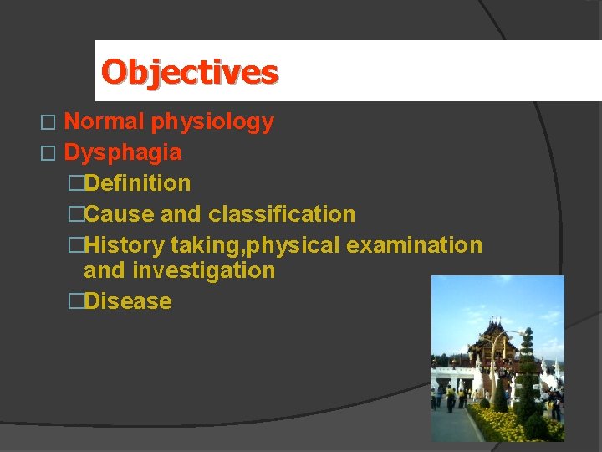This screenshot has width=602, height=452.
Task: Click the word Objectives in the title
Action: click(189, 72)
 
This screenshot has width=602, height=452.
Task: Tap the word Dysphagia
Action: click(122, 152)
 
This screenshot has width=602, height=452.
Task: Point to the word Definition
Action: click(137, 183)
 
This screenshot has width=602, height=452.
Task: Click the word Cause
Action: click(120, 214)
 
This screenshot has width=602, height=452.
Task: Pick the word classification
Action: click(282, 214)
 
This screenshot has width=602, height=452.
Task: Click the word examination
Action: click(414, 245)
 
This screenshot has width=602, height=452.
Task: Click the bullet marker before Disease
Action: click(76, 301)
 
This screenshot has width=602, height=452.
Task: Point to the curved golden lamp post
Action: click(495, 360)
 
